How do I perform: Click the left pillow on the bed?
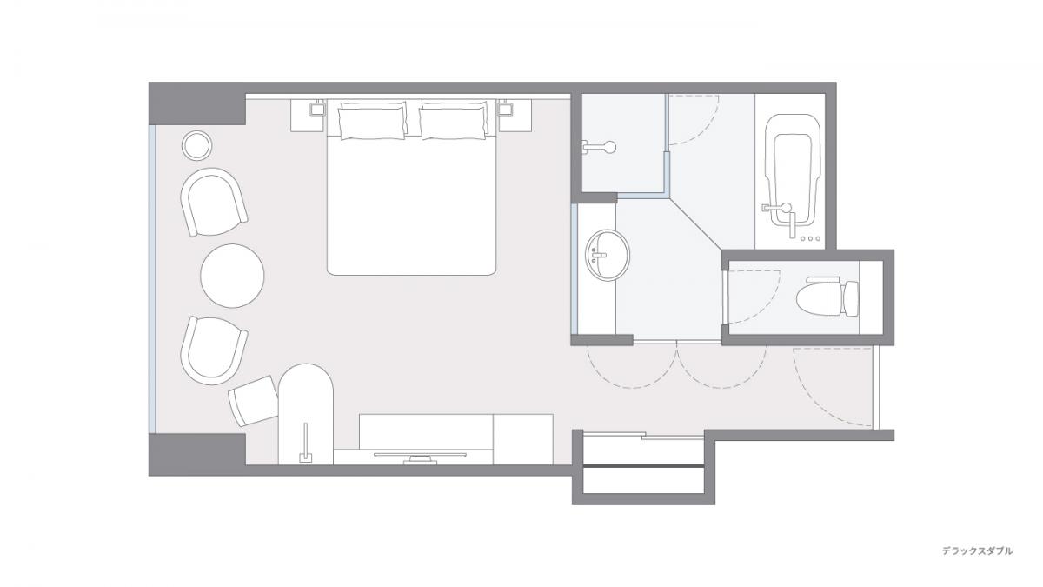(x=372, y=123)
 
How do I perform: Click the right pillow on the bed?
(x=453, y=123)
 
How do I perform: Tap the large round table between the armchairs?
(x=232, y=276)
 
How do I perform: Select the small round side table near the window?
(x=196, y=146)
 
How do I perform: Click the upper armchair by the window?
(x=213, y=202)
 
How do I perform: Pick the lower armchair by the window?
(x=213, y=350)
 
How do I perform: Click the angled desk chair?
(x=254, y=401)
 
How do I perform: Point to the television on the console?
(x=420, y=457)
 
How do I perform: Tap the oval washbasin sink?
(x=608, y=255)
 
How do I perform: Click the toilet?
(x=827, y=297)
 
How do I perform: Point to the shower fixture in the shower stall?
(x=600, y=147)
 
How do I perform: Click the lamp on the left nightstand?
(x=317, y=109)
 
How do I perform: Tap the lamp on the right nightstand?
(x=505, y=109)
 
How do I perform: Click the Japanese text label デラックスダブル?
(x=977, y=551)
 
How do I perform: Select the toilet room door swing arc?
(x=754, y=297)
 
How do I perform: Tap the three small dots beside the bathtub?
(x=810, y=239)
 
